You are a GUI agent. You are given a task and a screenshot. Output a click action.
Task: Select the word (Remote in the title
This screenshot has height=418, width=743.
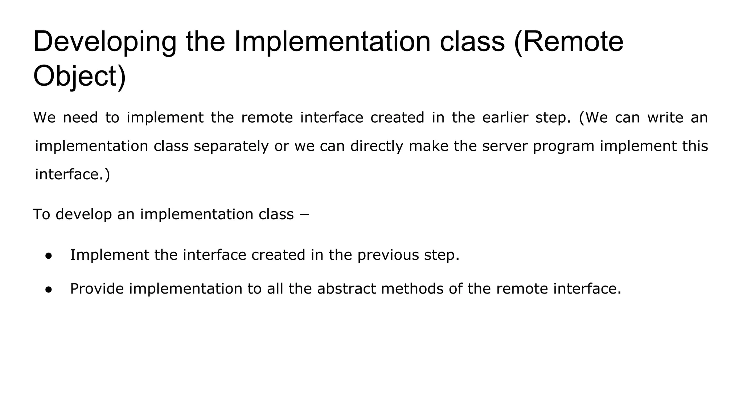[568, 42]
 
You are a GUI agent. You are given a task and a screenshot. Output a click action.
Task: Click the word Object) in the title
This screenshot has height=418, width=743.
[79, 76]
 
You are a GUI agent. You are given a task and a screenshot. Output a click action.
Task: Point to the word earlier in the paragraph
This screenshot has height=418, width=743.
[505, 118]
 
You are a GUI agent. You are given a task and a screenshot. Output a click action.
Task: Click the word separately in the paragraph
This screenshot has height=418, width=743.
[231, 146]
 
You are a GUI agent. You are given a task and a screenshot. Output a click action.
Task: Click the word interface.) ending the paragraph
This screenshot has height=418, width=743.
[72, 175]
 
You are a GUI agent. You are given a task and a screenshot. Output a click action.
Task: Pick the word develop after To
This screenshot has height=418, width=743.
[83, 214]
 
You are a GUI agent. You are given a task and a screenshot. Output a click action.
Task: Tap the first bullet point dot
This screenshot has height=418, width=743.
[49, 256]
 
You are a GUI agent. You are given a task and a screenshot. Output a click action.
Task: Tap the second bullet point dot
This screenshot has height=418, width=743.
[49, 290]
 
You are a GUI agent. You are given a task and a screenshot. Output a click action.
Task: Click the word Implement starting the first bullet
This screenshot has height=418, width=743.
[109, 255]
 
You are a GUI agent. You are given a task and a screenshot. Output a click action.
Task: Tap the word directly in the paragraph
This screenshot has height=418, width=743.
[377, 146]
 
